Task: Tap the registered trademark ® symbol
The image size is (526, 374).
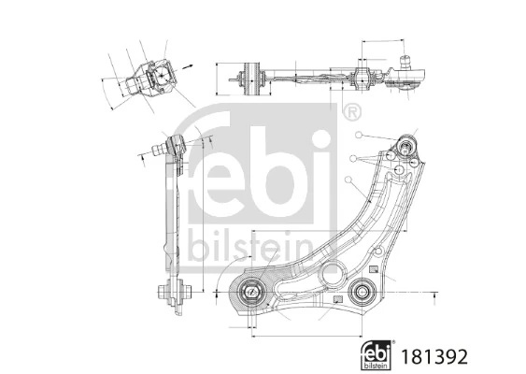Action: (x=350, y=114)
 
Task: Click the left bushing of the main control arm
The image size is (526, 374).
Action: (x=252, y=292)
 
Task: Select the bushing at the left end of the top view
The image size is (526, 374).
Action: (x=249, y=76)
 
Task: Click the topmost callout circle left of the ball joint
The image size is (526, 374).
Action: (x=359, y=137)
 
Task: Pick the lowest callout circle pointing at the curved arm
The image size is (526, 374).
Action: (x=348, y=179)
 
